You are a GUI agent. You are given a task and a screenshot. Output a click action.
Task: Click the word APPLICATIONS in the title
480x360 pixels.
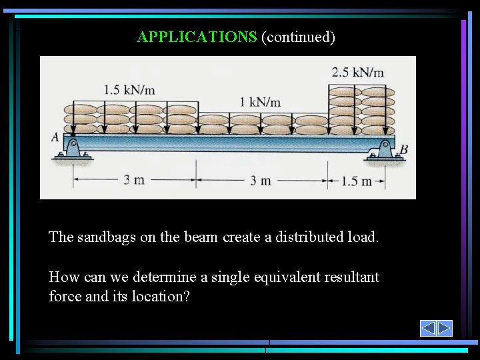(x=196, y=37)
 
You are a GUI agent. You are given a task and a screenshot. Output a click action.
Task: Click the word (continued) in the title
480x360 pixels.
(x=298, y=37)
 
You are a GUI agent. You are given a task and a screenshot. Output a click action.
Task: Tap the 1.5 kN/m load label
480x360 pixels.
(x=130, y=89)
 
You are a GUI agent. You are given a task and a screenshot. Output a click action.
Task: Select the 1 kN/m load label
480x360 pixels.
(x=260, y=102)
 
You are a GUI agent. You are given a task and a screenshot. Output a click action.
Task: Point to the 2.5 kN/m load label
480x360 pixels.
(x=357, y=72)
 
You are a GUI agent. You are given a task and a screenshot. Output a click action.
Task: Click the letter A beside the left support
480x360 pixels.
(x=55, y=138)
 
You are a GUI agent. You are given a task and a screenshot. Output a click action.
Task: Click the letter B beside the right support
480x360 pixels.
(x=403, y=151)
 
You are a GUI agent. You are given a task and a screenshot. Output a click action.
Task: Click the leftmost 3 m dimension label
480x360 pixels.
(x=134, y=180)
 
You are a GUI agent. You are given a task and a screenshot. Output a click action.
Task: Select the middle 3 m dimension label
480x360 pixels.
(x=261, y=180)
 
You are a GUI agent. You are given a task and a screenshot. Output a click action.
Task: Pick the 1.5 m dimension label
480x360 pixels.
(x=356, y=181)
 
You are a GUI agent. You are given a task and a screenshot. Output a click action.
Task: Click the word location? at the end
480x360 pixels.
(x=164, y=296)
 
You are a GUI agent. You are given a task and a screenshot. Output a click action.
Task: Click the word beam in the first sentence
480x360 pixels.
(x=202, y=237)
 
